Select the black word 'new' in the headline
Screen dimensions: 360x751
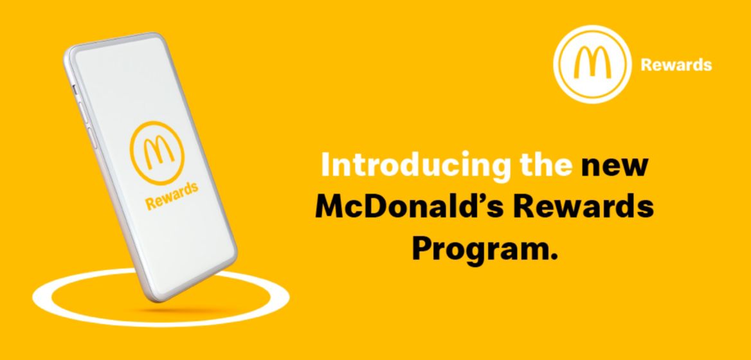tap(613, 166)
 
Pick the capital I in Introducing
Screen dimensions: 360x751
tap(326, 166)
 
